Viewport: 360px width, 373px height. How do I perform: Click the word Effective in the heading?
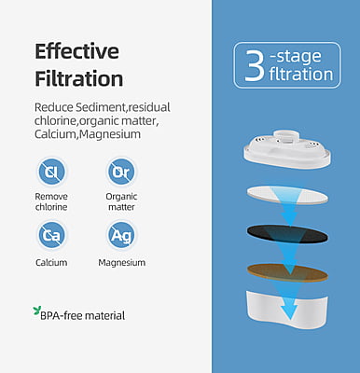[x=76, y=51]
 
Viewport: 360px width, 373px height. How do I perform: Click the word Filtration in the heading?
[x=79, y=78]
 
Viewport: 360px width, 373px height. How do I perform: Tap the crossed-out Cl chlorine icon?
[x=51, y=172]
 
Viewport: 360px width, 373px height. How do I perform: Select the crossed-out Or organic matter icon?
[x=121, y=172]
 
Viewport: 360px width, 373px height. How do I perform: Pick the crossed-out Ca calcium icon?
[x=51, y=235]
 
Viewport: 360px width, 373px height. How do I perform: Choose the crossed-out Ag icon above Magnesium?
[x=121, y=235]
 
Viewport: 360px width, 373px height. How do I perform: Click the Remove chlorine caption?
[x=51, y=201]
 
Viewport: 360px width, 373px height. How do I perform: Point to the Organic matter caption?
[x=121, y=201]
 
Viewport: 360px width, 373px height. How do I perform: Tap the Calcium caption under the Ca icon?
[x=51, y=263]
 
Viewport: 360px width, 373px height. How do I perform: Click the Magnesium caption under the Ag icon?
[x=121, y=263]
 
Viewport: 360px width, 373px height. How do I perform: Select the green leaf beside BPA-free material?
[x=36, y=311]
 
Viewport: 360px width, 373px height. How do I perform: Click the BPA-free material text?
[x=83, y=316]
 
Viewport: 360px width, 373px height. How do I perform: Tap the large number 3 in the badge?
[x=255, y=65]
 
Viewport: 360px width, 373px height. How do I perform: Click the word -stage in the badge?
[x=296, y=56]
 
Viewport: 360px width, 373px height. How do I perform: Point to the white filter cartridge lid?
[x=286, y=148]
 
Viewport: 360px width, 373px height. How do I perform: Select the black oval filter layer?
[x=287, y=234]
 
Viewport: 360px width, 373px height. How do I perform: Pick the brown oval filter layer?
[x=287, y=272]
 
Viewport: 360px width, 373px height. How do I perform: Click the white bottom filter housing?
[x=286, y=310]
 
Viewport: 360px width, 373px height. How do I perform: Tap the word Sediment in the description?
[x=100, y=107]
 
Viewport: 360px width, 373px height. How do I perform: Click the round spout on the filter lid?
[x=286, y=136]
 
